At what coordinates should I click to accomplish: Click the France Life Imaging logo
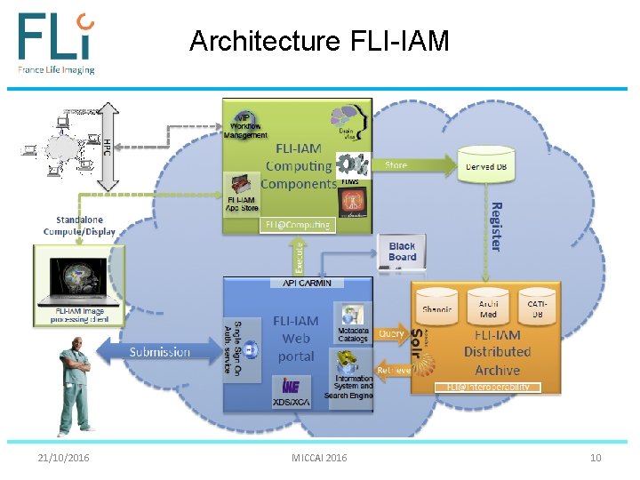click(x=56, y=43)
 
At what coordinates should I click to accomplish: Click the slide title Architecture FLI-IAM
click(x=319, y=41)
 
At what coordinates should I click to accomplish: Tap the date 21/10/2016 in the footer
click(x=63, y=459)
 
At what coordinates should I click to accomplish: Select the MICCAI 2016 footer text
click(x=319, y=459)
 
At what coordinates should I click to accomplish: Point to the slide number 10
click(x=596, y=459)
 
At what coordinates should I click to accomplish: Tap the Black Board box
click(x=403, y=252)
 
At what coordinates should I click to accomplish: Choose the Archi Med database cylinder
click(x=488, y=305)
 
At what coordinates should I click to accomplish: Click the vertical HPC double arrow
click(x=108, y=146)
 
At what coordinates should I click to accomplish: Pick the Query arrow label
click(x=391, y=334)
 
